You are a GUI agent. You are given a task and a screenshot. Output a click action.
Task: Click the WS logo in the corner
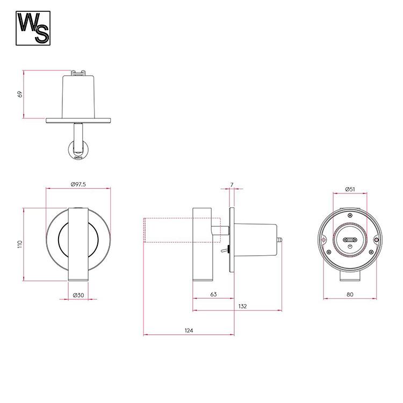(x=33, y=28)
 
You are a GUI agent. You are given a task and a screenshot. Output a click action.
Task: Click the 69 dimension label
(x=20, y=95)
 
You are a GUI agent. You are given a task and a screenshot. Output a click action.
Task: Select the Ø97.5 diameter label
(x=78, y=184)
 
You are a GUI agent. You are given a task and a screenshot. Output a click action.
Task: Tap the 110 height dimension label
(x=20, y=244)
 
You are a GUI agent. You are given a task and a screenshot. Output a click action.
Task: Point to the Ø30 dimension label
(x=78, y=295)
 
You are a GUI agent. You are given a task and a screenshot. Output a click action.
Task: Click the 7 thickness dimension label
(x=232, y=185)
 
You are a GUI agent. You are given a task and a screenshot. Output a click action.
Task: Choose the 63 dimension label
(x=213, y=294)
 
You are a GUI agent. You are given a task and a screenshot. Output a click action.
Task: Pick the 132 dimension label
(x=242, y=306)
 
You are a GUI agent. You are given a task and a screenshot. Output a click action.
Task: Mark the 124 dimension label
(x=189, y=330)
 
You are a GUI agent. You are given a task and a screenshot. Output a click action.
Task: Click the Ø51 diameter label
(x=350, y=190)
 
